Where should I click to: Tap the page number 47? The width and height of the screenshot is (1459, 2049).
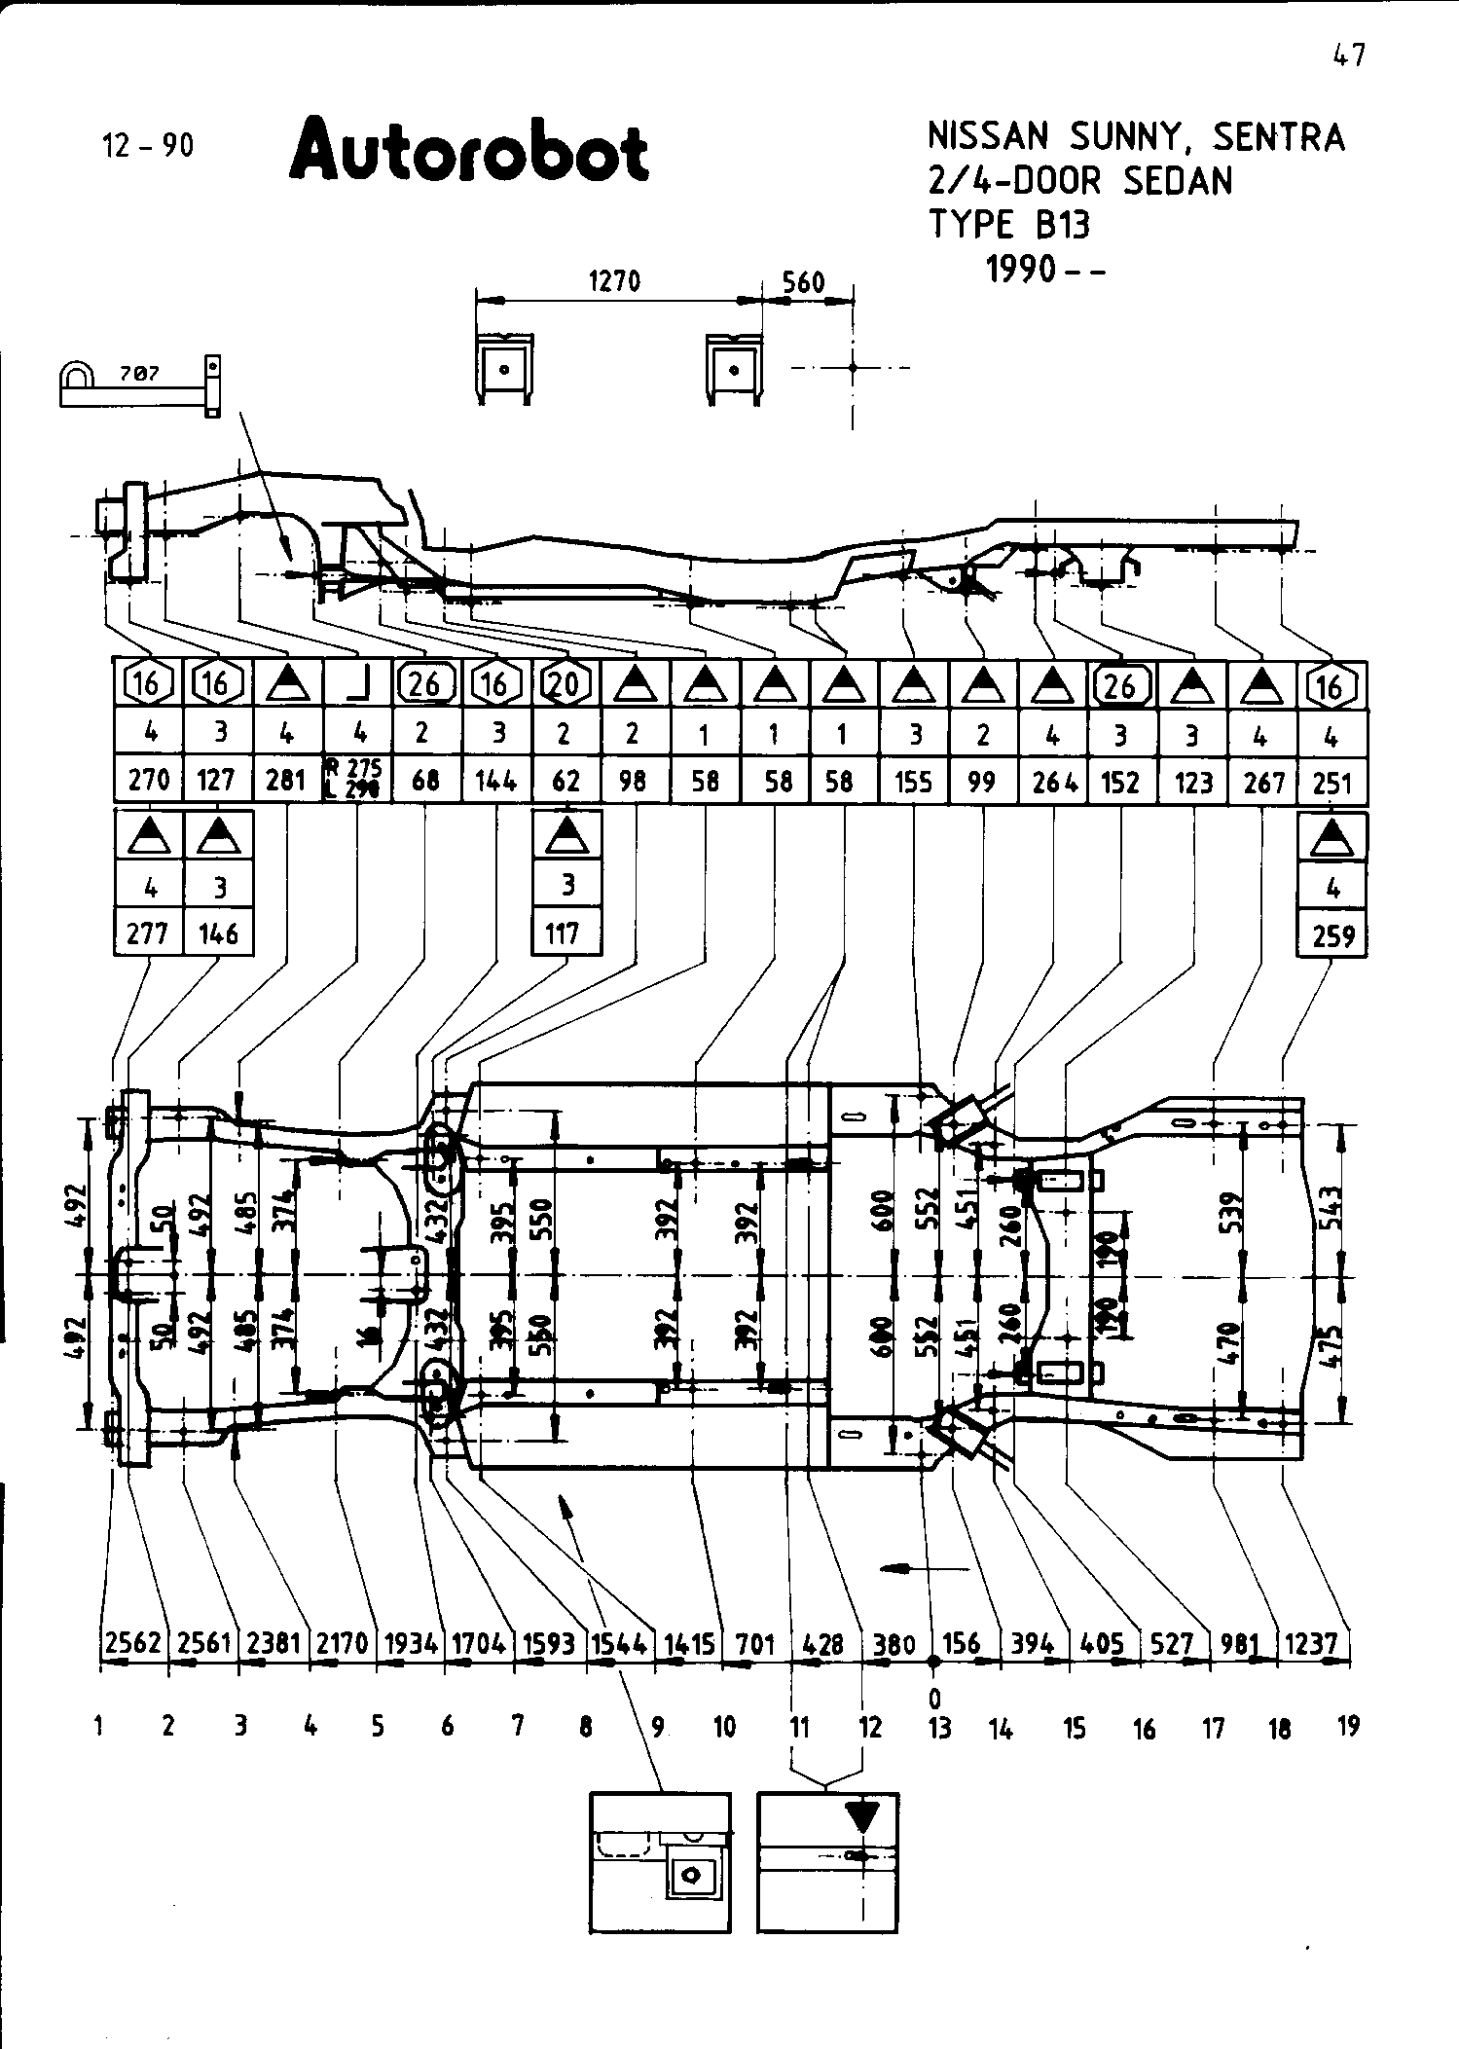(1348, 55)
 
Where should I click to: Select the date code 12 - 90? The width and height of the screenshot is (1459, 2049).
(147, 146)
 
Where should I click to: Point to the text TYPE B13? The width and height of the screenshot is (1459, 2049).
(1009, 225)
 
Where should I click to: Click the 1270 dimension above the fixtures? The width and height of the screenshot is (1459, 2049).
(615, 281)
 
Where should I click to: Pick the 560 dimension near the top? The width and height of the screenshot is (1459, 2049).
(804, 283)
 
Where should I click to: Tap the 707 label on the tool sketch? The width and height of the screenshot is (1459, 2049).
(139, 373)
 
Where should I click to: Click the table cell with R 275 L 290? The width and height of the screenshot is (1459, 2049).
(356, 779)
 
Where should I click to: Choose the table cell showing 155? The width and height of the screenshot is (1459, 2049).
(913, 781)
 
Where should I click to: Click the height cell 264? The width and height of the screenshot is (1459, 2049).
(1054, 781)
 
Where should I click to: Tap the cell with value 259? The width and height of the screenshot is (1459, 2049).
(1332, 936)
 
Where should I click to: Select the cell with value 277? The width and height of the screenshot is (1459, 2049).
(148, 934)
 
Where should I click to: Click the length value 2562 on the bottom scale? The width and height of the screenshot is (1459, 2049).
(133, 1643)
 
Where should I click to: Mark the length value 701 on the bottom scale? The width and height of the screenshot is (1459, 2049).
(755, 1645)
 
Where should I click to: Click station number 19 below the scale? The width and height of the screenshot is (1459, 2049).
(1348, 1728)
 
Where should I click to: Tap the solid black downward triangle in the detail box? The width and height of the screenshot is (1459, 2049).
(862, 1815)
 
